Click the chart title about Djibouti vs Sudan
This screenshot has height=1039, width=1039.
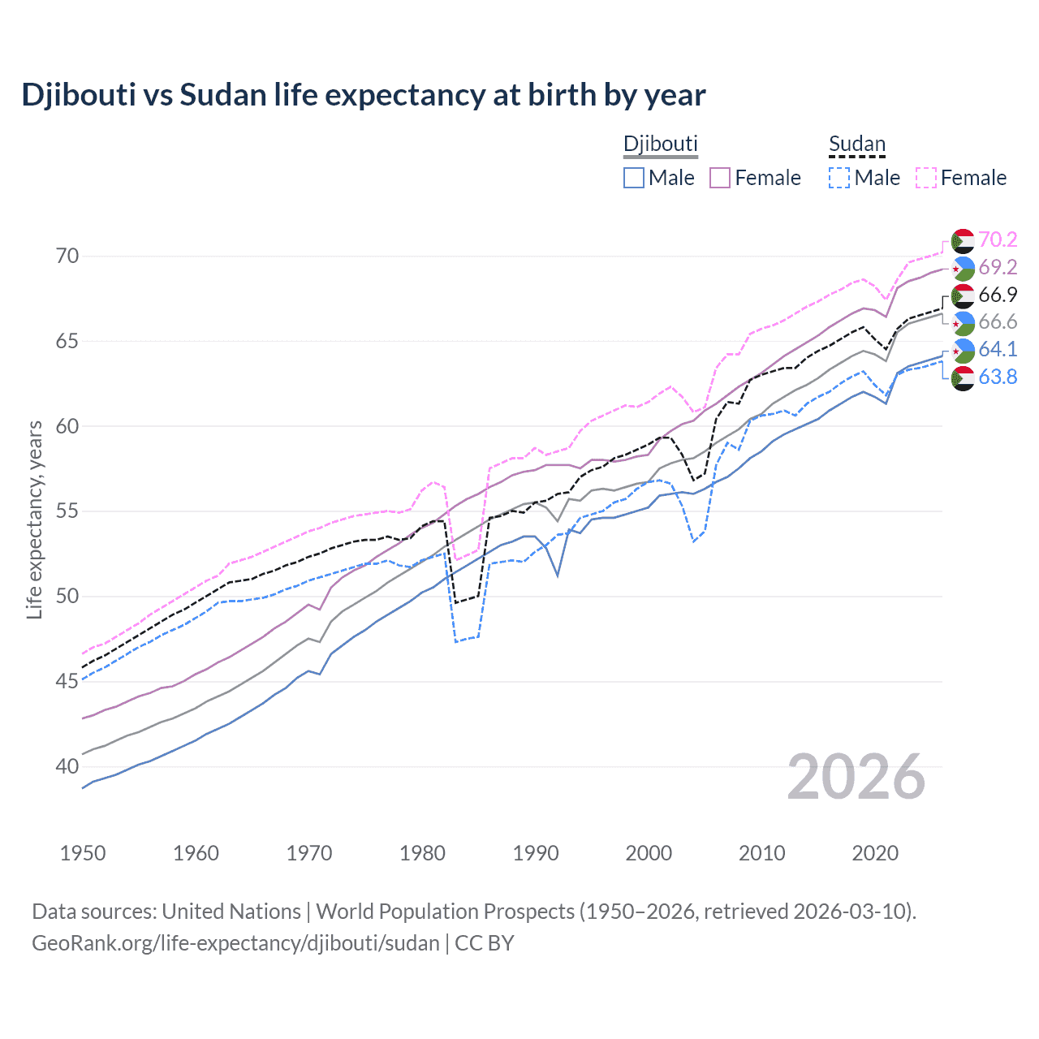click(x=364, y=95)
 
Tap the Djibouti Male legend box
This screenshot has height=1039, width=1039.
click(x=634, y=178)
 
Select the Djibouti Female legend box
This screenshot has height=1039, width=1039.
click(x=720, y=178)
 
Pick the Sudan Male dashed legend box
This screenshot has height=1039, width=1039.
click(x=839, y=178)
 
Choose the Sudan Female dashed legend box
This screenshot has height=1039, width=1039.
click(x=926, y=178)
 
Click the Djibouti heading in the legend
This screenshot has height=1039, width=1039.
click(x=660, y=144)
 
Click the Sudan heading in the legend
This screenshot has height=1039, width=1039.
click(x=856, y=144)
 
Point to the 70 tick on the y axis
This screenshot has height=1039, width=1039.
click(x=67, y=257)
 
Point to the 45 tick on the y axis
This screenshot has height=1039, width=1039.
click(x=67, y=681)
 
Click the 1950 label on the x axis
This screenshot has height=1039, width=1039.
click(x=83, y=853)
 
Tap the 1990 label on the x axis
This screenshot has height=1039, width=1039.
click(x=536, y=853)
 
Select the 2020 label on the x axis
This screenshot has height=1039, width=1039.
click(x=875, y=853)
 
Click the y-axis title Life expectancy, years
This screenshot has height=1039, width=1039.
click(x=34, y=519)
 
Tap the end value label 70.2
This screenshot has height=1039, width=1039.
click(x=998, y=239)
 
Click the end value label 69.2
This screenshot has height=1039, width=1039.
click(x=998, y=267)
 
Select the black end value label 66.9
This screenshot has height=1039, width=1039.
click(x=998, y=295)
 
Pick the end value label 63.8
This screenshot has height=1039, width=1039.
click(x=998, y=377)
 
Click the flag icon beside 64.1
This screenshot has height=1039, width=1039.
click(x=963, y=350)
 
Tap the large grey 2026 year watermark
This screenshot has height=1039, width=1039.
click(x=856, y=777)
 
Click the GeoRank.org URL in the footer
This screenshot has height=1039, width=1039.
click(x=235, y=943)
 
